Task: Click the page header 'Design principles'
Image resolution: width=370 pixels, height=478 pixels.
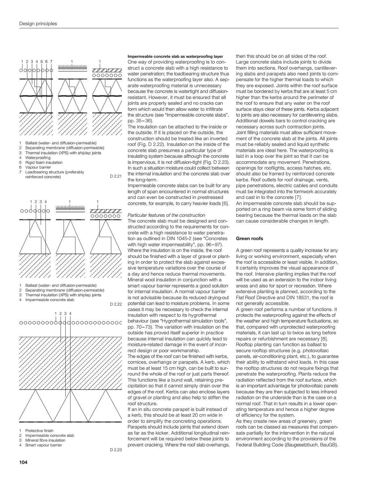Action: click(38, 24)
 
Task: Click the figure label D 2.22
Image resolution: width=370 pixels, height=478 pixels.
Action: click(116, 304)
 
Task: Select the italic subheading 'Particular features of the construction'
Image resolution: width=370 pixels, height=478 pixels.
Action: click(166, 215)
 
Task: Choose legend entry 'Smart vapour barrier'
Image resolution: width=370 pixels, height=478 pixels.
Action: click(44, 445)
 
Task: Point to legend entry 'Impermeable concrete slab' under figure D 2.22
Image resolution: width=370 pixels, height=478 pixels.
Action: click(49, 300)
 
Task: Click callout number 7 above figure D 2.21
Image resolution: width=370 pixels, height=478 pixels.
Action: click(51, 61)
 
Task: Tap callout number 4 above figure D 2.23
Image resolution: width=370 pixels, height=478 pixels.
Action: click(70, 313)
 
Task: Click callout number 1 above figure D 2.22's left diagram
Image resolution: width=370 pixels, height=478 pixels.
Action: click(31, 201)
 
